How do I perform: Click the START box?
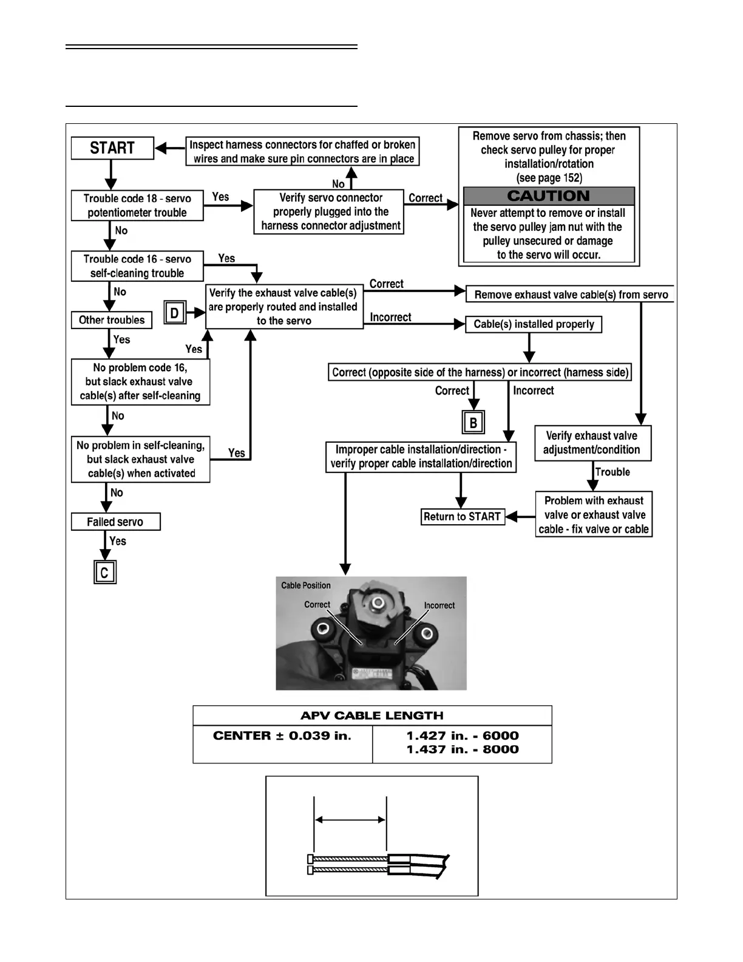coord(112,148)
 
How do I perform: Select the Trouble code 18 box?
coord(137,205)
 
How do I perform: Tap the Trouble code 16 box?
coord(137,266)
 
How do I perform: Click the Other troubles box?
coord(112,320)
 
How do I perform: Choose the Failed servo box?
coord(115,522)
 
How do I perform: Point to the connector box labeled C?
coord(104,572)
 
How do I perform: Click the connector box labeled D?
coord(175,313)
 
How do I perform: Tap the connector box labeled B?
coord(473,423)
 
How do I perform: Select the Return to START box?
coord(463,517)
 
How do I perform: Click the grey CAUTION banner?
coord(549,196)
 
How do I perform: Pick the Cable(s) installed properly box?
coord(534,324)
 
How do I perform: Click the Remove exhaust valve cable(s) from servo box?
coord(571,295)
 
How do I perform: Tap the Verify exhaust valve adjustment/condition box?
coord(592,443)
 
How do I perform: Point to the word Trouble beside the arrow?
coord(612,472)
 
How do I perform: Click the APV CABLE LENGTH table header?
coord(372,715)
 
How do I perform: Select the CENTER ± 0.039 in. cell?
coord(282,736)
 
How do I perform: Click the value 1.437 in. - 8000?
coord(463,749)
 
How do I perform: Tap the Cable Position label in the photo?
coord(306,585)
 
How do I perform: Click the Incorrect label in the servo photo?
coord(439,606)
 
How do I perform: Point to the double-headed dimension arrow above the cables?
coord(350,819)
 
